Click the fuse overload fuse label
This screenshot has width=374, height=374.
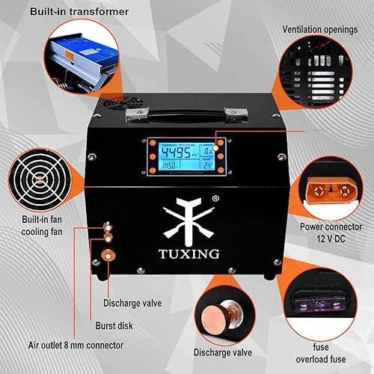[x=330, y=352]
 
